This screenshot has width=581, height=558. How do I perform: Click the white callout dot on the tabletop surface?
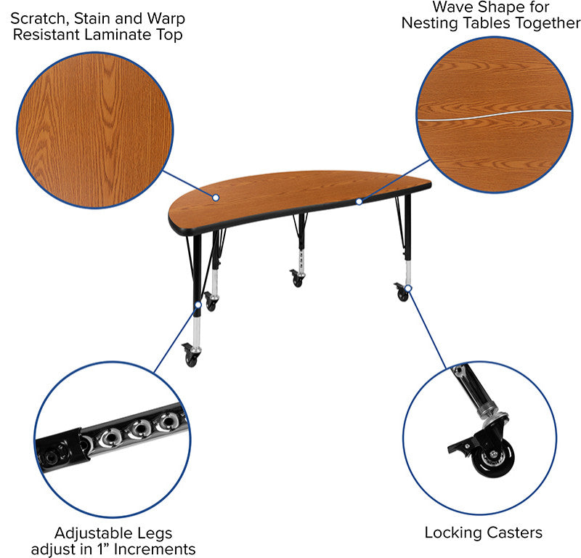click(x=216, y=198)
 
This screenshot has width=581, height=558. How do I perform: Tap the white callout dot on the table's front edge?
click(x=359, y=201)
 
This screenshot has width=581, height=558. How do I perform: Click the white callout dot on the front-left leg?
click(x=198, y=304)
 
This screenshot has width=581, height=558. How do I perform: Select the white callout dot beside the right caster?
click(x=408, y=288)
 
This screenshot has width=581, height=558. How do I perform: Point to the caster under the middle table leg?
click(x=297, y=279)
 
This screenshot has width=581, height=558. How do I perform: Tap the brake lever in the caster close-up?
click(x=460, y=446)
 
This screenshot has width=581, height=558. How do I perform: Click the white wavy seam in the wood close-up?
click(x=494, y=116)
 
